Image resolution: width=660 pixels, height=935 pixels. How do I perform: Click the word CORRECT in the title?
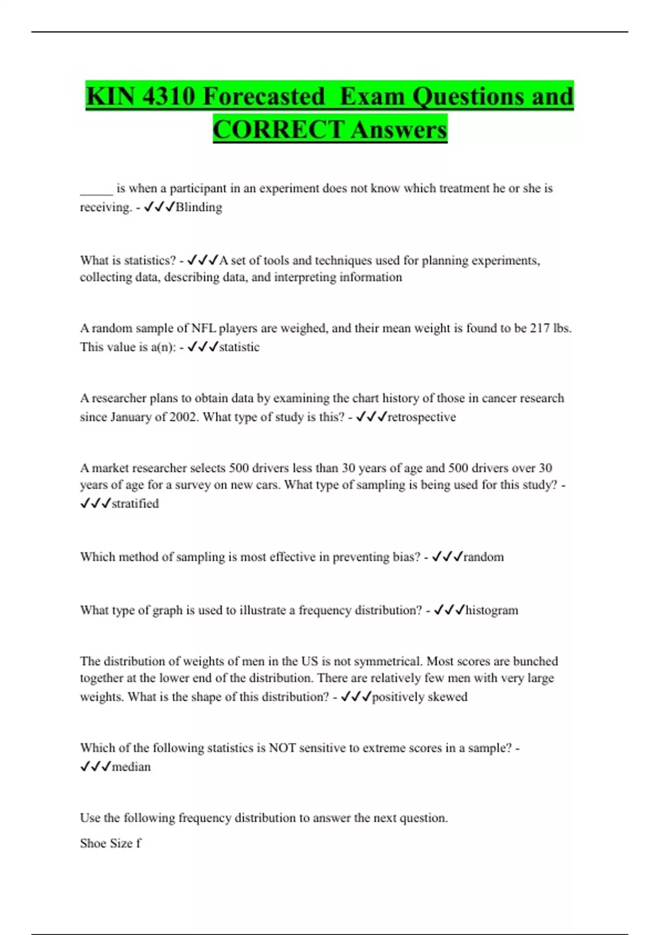(x=278, y=130)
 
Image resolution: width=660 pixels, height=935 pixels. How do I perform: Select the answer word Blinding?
(x=199, y=207)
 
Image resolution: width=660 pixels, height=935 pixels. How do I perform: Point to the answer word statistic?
(x=239, y=347)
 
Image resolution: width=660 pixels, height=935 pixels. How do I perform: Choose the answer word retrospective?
(x=422, y=417)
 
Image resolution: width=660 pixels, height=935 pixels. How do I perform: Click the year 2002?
(x=183, y=417)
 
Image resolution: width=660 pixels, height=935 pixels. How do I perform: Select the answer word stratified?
(x=135, y=504)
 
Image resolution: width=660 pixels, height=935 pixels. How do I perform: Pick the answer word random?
(x=483, y=557)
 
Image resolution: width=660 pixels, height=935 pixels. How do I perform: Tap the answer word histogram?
(x=492, y=610)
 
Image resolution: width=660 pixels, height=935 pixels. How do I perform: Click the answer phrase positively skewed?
(x=420, y=697)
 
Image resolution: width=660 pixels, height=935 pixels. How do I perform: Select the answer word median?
(x=131, y=767)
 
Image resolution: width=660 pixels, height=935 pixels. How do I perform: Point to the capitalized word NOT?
(x=282, y=748)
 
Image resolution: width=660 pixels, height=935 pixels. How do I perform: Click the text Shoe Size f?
(x=111, y=843)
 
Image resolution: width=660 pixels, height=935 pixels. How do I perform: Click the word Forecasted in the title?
(x=265, y=97)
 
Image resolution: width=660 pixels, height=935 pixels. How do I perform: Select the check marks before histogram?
(x=449, y=610)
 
